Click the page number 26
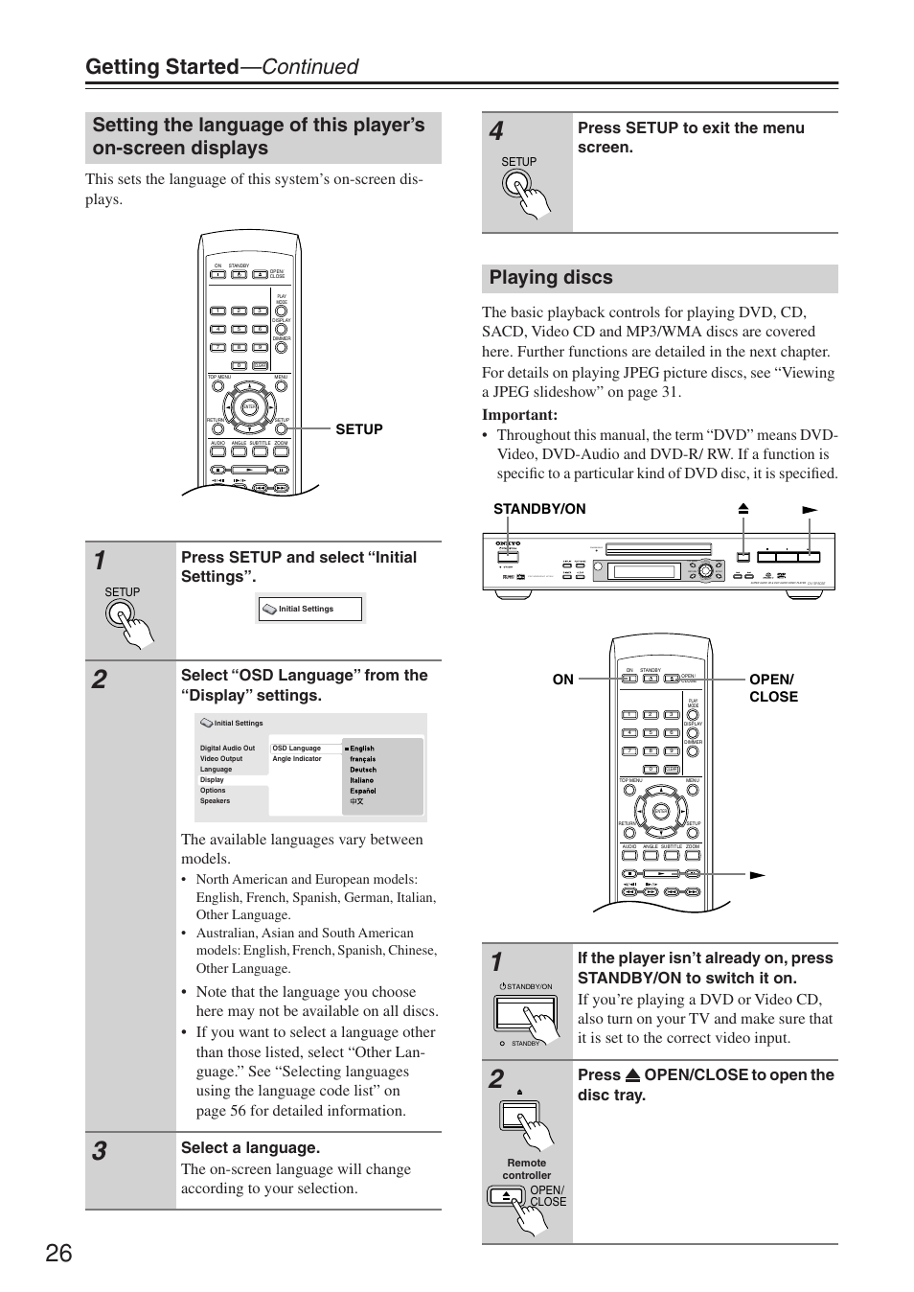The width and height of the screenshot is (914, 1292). pyautogui.click(x=57, y=1253)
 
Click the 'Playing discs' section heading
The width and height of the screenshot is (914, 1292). pyautogui.click(x=551, y=278)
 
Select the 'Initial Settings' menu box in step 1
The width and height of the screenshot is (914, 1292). pyautogui.click(x=309, y=609)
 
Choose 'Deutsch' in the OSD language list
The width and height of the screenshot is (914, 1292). pyautogui.click(x=363, y=770)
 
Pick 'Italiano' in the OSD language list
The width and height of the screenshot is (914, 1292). pyautogui.click(x=362, y=780)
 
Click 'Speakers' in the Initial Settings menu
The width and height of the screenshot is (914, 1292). pyautogui.click(x=216, y=801)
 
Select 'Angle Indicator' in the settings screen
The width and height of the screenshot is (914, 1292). pyautogui.click(x=297, y=759)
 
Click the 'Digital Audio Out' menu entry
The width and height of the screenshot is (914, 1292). pyautogui.click(x=228, y=749)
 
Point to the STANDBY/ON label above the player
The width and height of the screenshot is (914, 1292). pyautogui.click(x=539, y=509)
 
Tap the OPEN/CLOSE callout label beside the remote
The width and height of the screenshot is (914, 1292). pyautogui.click(x=772, y=688)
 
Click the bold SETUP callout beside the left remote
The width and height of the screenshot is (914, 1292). pyautogui.click(x=359, y=429)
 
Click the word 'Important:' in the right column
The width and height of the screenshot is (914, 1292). pyautogui.click(x=520, y=415)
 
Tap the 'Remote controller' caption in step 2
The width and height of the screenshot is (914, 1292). pyautogui.click(x=527, y=1168)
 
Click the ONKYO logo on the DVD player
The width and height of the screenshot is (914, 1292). pyautogui.click(x=507, y=543)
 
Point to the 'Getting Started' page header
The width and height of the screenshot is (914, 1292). pyautogui.click(x=161, y=66)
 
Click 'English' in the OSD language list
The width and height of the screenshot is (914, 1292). pyautogui.click(x=362, y=749)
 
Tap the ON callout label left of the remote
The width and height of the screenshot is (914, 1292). pyautogui.click(x=562, y=680)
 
